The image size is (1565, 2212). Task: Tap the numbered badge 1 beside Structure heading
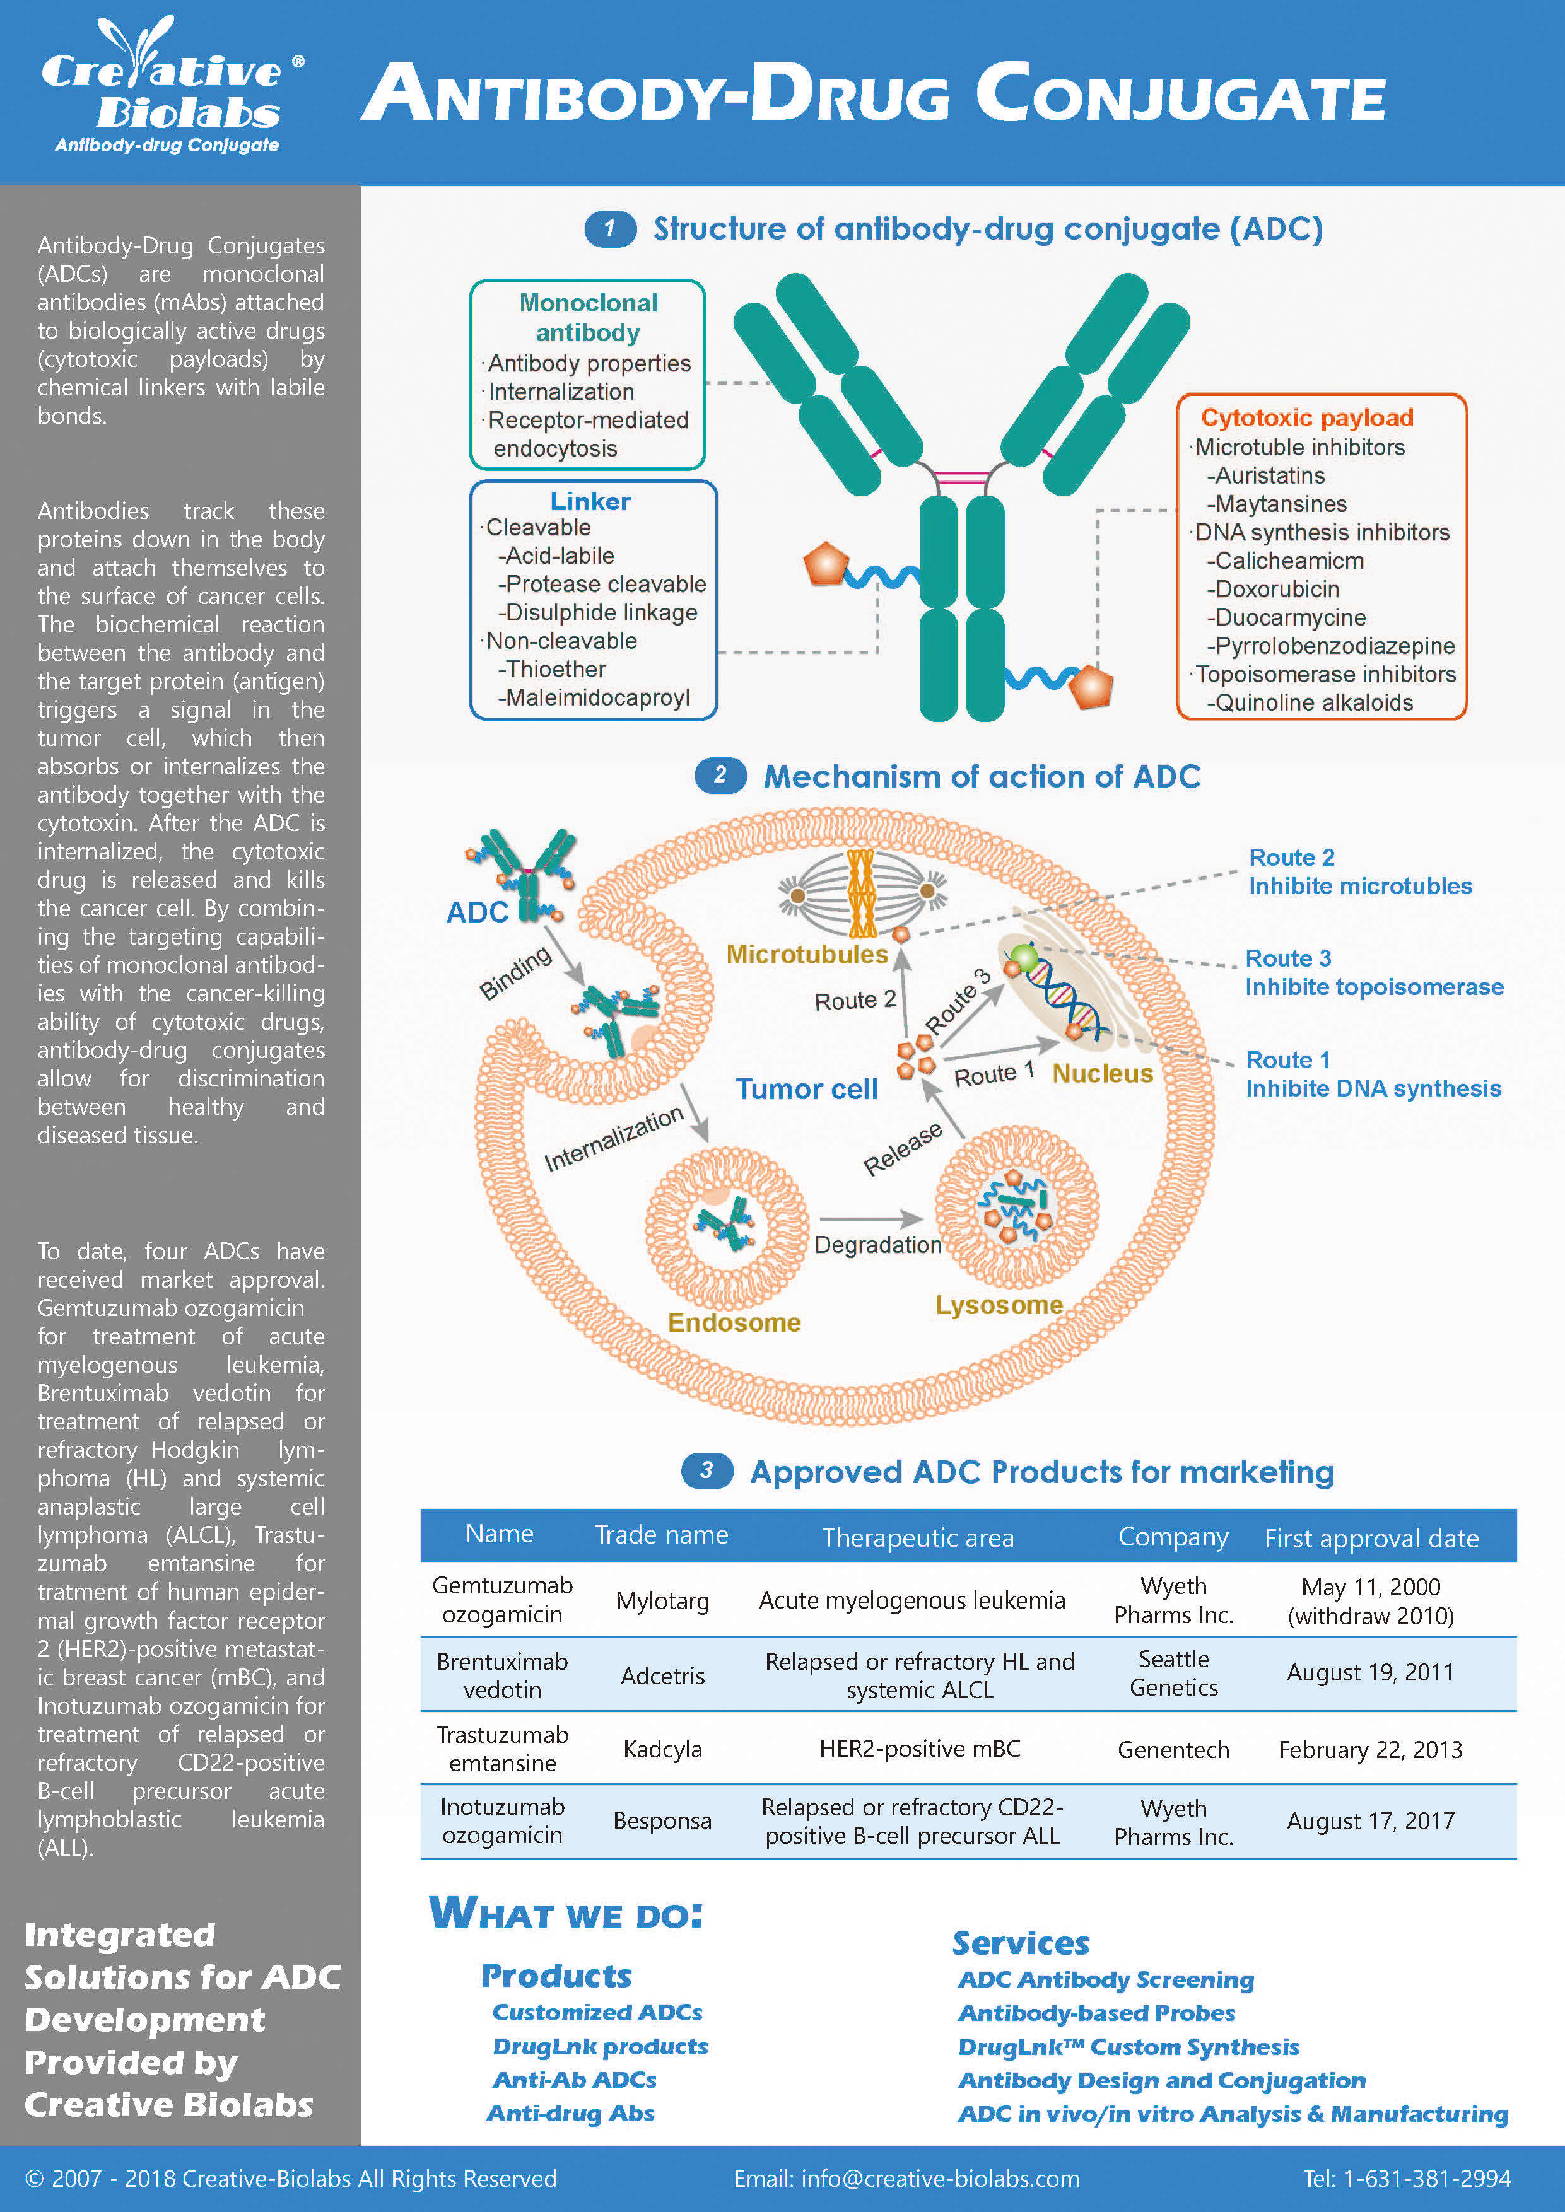[609, 228]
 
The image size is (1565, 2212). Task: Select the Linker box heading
[590, 501]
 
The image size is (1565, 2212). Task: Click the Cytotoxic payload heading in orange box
[1307, 417]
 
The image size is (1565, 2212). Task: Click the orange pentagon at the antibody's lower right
[1091, 686]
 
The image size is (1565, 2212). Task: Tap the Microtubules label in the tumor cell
[807, 954]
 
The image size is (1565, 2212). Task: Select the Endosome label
[734, 1322]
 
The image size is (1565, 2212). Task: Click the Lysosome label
[999, 1305]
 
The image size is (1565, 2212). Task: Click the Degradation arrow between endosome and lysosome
[870, 1219]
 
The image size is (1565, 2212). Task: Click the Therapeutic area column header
[917, 1537]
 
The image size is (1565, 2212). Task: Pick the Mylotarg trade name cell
[662, 1600]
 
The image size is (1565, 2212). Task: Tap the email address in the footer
[906, 2179]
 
